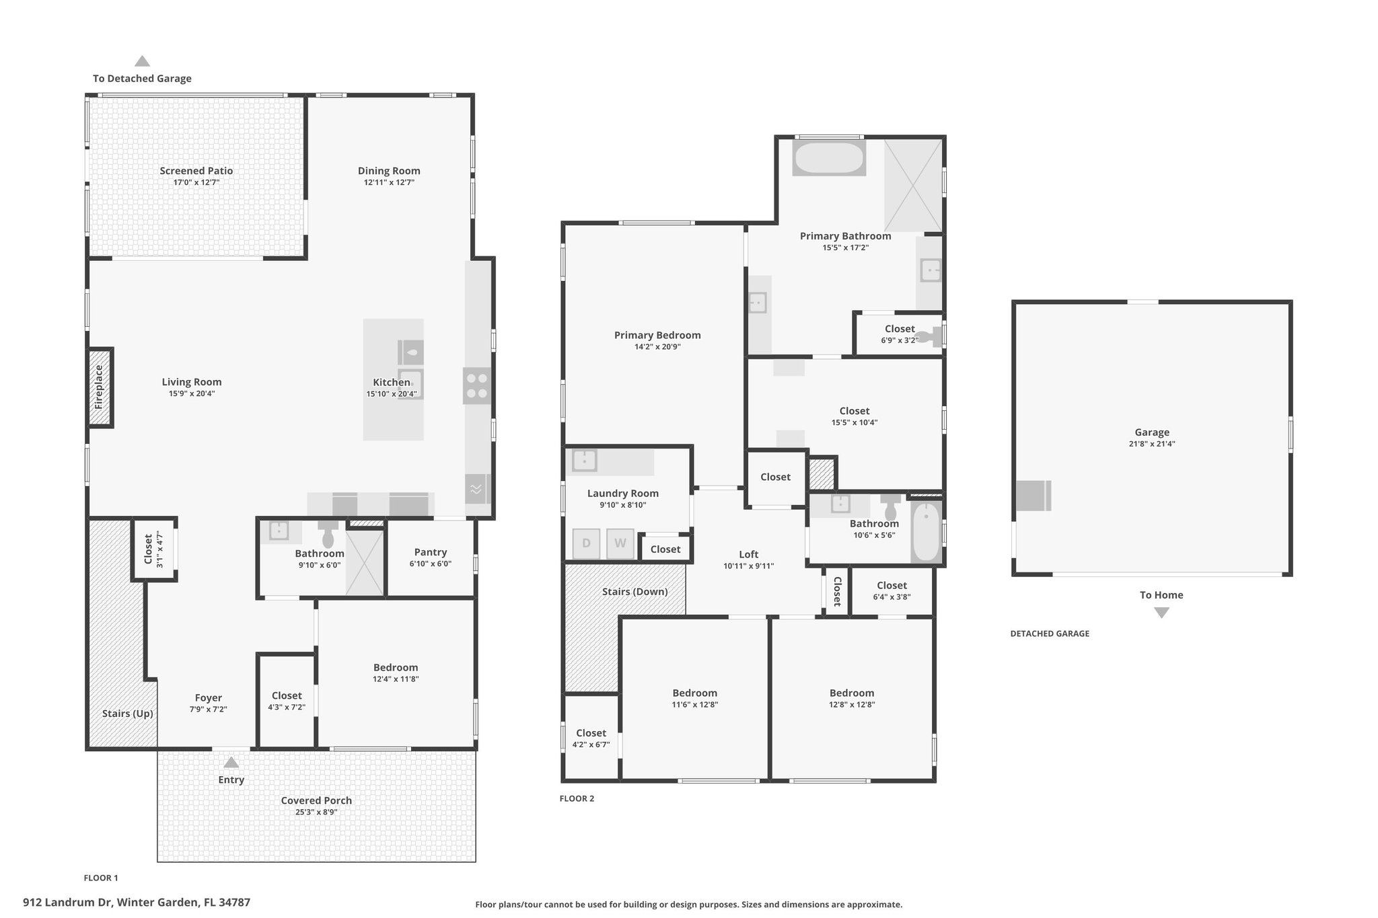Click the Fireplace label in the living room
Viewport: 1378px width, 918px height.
pos(99,387)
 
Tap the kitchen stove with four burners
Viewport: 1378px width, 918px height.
pos(477,386)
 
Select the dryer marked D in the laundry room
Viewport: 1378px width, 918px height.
pos(586,543)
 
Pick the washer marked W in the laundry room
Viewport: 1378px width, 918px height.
pos(620,543)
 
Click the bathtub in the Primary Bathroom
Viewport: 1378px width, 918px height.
pos(829,158)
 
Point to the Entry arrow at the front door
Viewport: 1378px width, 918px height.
pos(231,763)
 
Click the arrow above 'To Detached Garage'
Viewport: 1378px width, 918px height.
pos(142,61)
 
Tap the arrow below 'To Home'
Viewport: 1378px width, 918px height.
pos(1161,613)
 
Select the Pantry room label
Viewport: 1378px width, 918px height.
pos(431,552)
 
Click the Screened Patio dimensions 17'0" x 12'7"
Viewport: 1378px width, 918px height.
pos(196,182)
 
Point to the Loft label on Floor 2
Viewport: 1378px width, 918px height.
pos(749,554)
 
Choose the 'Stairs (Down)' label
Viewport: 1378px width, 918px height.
pos(635,592)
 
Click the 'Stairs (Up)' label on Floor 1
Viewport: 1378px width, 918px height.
pos(128,714)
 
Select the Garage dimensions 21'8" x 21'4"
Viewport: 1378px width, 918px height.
pos(1152,444)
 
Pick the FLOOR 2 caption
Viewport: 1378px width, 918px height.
pos(577,799)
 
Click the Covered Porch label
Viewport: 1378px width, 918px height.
pos(316,800)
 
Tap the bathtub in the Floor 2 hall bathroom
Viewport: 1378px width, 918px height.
pos(927,531)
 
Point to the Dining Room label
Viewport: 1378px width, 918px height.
pos(389,171)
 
